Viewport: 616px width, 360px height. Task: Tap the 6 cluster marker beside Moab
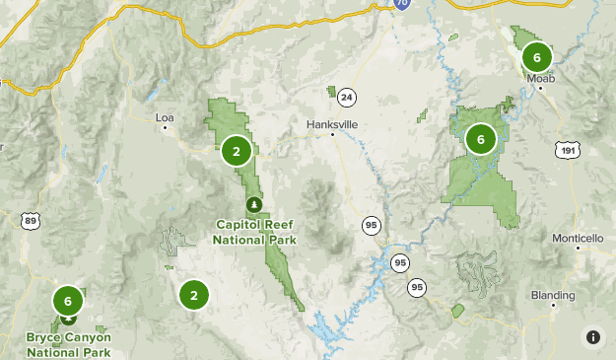(x=536, y=56)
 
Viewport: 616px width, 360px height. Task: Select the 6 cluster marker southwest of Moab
(x=481, y=139)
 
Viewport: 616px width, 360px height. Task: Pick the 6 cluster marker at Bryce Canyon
(x=68, y=301)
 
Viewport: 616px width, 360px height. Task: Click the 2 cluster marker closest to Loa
(x=237, y=151)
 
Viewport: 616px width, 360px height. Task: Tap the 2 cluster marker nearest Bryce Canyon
(x=194, y=294)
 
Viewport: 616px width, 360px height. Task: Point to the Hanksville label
(x=332, y=124)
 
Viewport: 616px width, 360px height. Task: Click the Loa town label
(x=165, y=117)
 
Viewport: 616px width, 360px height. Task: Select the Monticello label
(x=577, y=239)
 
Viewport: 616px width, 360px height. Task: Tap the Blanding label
(x=552, y=295)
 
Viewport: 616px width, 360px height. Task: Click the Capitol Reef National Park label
(x=254, y=231)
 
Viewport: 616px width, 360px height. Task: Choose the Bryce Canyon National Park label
(x=69, y=344)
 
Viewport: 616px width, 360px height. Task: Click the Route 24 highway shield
(x=346, y=97)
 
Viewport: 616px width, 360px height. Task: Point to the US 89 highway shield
(x=31, y=220)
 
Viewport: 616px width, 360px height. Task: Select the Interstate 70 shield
(x=401, y=4)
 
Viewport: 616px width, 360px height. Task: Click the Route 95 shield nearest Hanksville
(x=371, y=225)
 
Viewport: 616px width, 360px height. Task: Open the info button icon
(x=593, y=337)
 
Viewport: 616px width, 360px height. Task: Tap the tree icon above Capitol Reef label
(x=255, y=205)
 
